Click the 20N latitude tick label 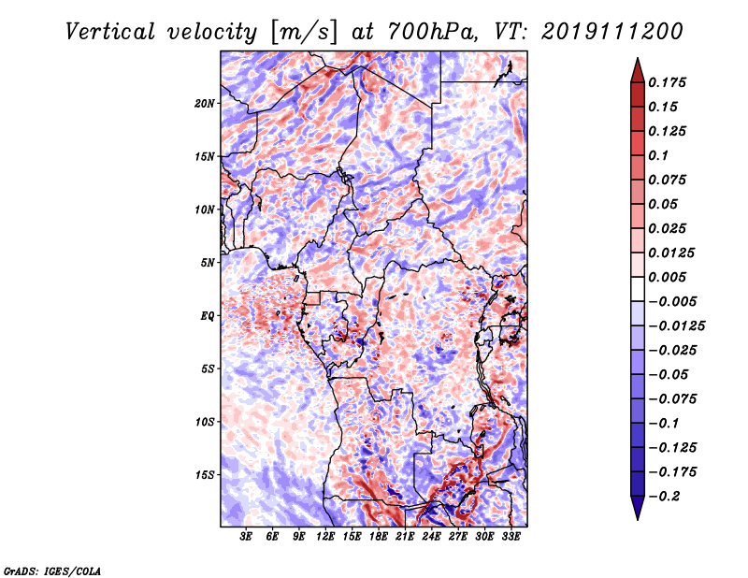click(204, 104)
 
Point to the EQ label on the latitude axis click(207, 316)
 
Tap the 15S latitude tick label click(205, 475)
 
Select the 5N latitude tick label click(208, 263)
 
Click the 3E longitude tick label click(246, 537)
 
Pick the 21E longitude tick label click(405, 537)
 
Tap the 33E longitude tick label click(511, 537)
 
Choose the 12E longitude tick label click(325, 537)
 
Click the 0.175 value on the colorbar click(667, 82)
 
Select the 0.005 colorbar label click(667, 277)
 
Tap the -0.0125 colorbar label click(676, 326)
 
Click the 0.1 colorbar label click(658, 155)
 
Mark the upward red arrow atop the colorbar click(638, 70)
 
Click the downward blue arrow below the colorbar click(638, 508)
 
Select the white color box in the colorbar click(638, 289)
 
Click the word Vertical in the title click(110, 32)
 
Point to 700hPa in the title click(431, 32)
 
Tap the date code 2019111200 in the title click(612, 32)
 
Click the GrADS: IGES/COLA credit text click(52, 571)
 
